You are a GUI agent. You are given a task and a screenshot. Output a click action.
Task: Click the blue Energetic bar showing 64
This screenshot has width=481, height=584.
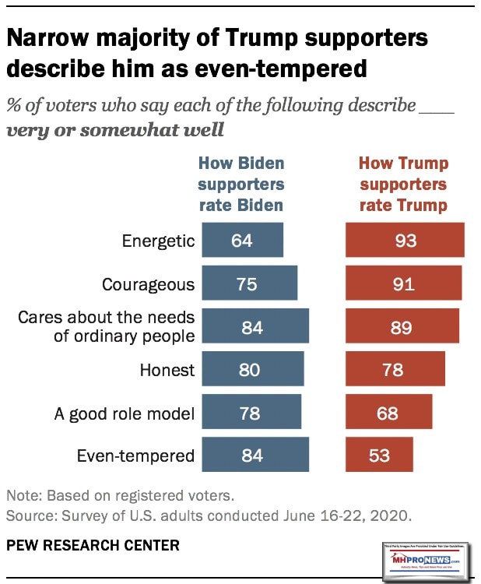coord(242,240)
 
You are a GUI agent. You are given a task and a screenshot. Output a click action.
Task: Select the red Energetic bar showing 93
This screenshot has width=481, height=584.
coord(405,240)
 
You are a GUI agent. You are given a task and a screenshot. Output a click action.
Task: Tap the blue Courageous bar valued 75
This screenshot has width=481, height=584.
coord(249,283)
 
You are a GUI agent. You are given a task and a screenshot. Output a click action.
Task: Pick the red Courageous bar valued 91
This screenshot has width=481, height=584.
coord(403,283)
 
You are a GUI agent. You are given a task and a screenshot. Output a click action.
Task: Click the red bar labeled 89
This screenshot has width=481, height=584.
coord(402,326)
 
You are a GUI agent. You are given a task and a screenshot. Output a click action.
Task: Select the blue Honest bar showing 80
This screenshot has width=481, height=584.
coord(253,370)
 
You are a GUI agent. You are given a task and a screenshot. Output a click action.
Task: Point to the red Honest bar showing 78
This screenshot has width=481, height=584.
coord(395,370)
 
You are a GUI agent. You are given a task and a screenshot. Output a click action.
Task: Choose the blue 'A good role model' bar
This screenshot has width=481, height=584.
coord(251,413)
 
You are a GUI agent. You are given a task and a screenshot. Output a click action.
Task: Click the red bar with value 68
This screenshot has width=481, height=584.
coord(388,413)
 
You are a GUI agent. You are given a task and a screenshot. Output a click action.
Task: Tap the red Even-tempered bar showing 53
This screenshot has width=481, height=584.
coord(379,455)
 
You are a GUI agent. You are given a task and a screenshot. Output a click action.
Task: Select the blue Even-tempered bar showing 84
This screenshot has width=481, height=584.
coord(255,455)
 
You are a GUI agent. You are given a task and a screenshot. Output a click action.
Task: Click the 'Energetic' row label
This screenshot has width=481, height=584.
coord(158,241)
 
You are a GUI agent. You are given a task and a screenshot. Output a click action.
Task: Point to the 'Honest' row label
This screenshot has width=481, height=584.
coord(167,370)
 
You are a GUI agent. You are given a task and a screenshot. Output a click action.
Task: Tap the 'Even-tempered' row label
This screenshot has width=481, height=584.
coord(137,456)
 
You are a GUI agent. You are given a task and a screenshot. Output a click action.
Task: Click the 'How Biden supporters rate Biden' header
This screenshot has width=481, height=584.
coord(241,185)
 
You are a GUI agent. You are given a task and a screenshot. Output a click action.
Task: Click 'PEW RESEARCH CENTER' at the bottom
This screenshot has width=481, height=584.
coord(93,545)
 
